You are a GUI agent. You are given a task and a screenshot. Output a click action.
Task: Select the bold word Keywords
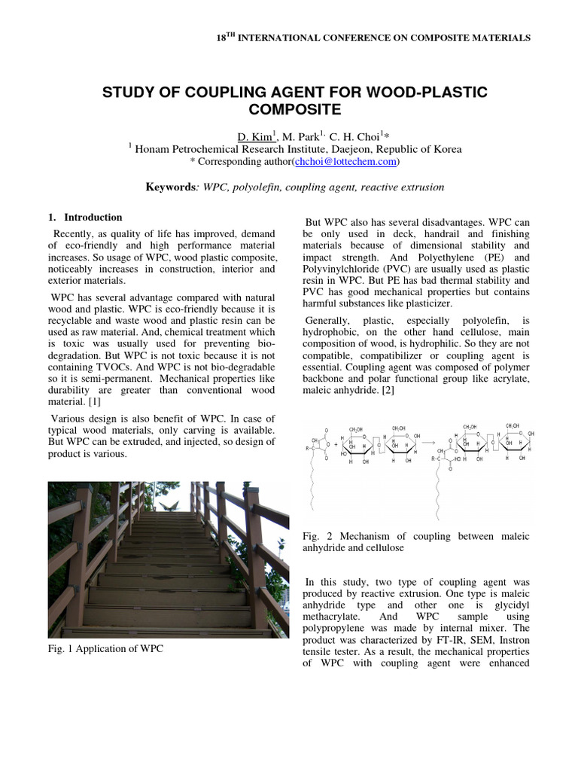pos(171,187)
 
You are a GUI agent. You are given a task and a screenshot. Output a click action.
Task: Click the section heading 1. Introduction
pos(86,218)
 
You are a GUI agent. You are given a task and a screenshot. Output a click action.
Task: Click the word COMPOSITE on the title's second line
pos(289,111)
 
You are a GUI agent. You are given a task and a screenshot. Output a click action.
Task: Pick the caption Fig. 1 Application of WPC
pos(105,648)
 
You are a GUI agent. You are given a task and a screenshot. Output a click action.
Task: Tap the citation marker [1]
pos(99,402)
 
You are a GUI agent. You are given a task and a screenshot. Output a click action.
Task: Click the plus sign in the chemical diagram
pos(336,444)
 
